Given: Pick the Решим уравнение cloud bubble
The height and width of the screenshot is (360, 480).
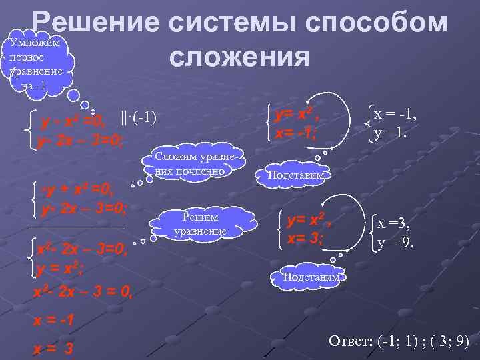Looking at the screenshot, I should tap(200, 224).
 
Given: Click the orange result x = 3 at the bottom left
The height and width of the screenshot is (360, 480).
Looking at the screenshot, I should tap(53, 347).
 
